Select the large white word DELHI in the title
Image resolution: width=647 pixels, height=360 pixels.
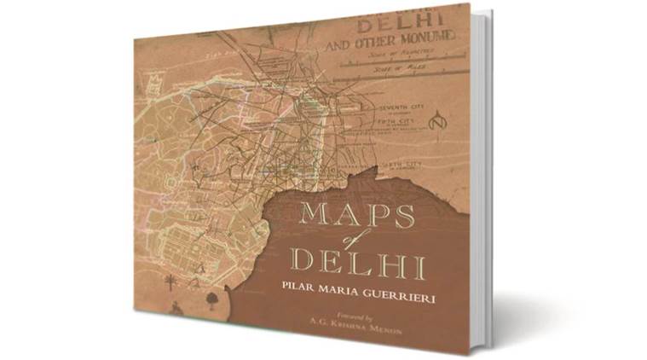coord(347,259)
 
